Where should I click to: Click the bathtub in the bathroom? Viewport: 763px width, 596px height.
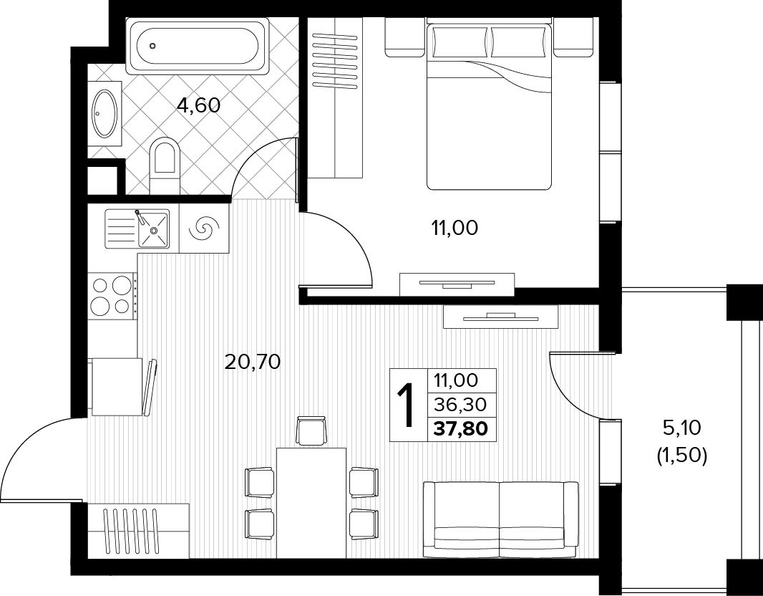(198, 47)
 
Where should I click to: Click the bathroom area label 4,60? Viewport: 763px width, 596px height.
(198, 105)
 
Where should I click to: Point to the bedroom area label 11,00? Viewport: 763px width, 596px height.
(455, 227)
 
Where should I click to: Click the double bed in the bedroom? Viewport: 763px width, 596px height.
(489, 105)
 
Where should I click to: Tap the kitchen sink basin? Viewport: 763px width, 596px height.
(153, 229)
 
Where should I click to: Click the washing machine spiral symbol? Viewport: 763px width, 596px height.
(204, 228)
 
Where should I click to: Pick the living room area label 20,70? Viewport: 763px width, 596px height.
(253, 362)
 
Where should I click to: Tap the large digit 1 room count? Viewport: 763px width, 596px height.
(406, 405)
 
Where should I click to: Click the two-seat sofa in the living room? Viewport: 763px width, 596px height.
(501, 520)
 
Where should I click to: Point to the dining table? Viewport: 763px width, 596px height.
(311, 503)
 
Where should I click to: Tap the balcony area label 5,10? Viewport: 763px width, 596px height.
(681, 428)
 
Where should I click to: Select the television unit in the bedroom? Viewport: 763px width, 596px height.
(457, 284)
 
